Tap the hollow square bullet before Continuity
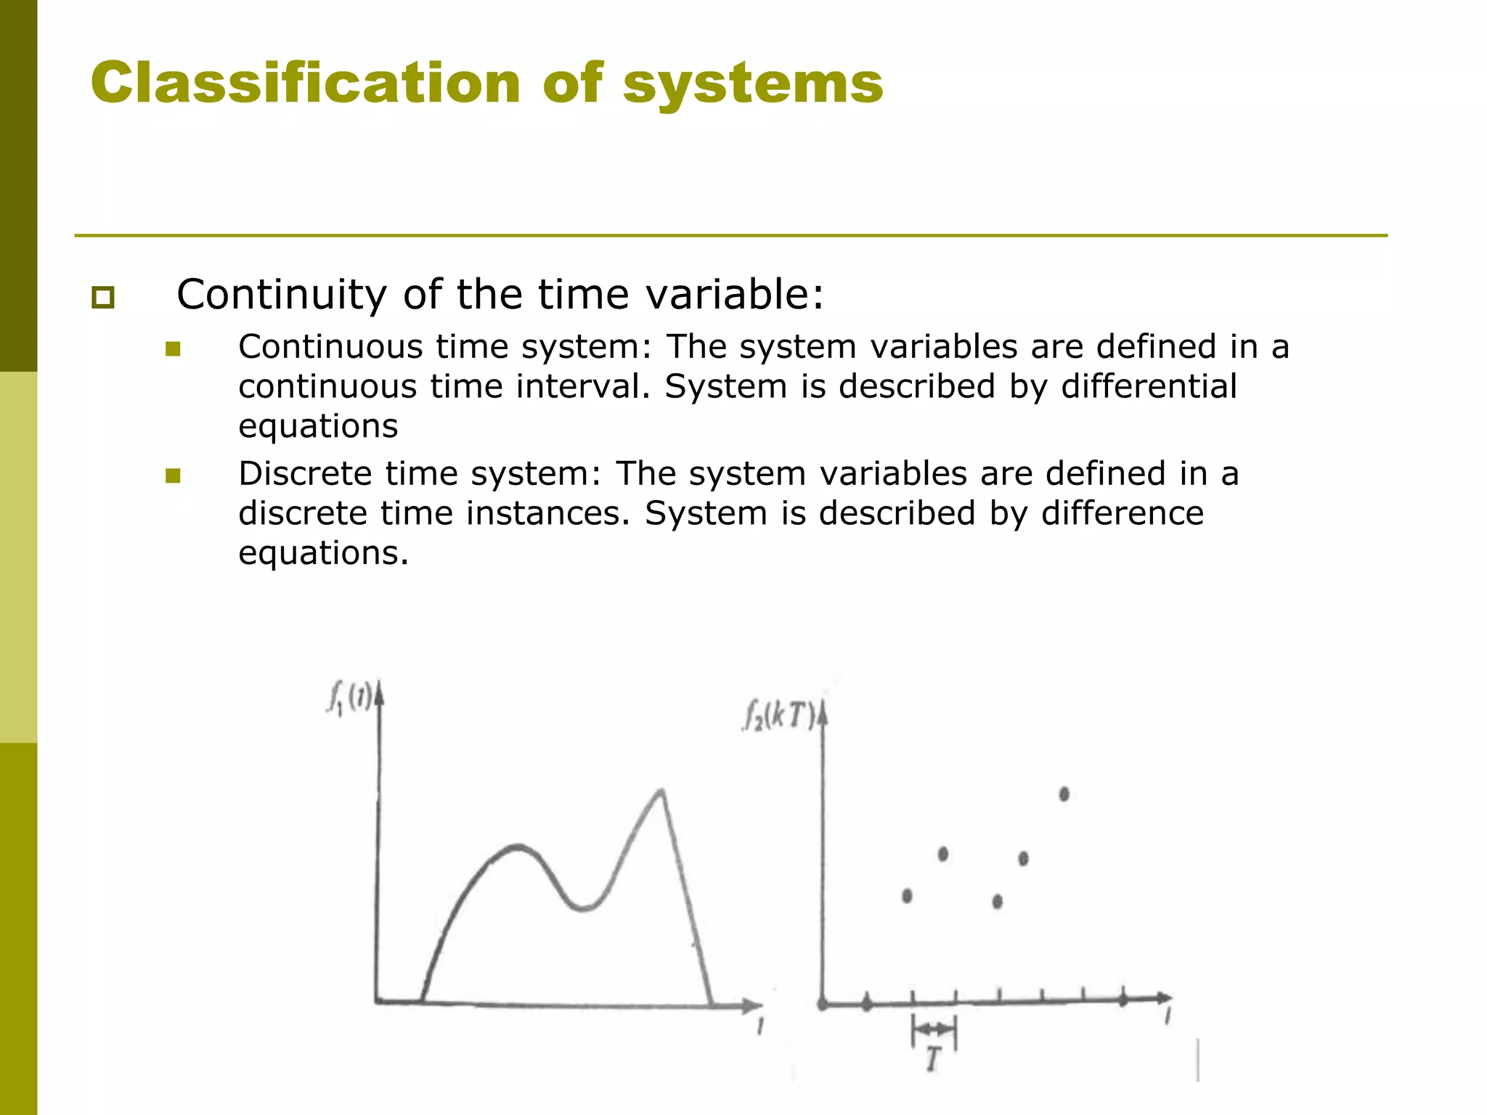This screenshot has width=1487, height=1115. [x=103, y=298]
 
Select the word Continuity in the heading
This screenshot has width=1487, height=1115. [x=282, y=295]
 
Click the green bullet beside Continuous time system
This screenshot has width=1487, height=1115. [x=173, y=350]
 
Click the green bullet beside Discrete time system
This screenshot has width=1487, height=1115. [x=173, y=476]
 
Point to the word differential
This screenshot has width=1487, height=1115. [x=1149, y=386]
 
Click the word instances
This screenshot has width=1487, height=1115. [x=548, y=513]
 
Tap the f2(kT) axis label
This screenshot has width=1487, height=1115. [x=779, y=717]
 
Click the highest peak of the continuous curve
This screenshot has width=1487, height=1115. [x=661, y=791]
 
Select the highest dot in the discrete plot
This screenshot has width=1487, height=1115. [x=1064, y=794]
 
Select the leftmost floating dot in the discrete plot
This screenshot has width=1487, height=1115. [x=907, y=896]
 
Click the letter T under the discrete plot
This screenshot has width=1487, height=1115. [x=933, y=1060]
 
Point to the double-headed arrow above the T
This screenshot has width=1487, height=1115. [x=934, y=1029]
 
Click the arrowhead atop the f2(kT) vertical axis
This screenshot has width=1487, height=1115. [x=823, y=715]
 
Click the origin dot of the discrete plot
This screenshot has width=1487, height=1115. [x=823, y=1005]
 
